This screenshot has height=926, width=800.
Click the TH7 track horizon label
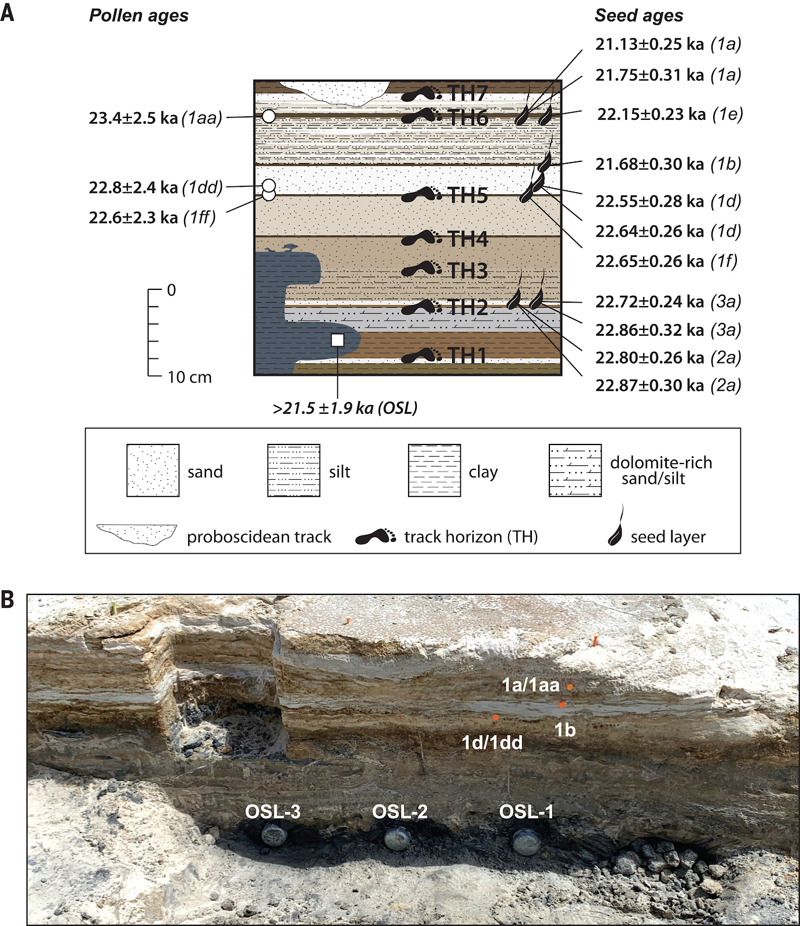468,93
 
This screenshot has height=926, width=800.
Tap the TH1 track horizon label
468,355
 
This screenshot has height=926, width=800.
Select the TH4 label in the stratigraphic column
468,238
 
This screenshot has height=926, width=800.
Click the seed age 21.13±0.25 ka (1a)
668,44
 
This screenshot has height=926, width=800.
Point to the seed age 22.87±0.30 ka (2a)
668,385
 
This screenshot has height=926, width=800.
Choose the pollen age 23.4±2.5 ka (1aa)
155,118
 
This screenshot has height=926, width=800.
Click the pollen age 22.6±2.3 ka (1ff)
152,218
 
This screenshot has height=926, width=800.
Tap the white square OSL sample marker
337,340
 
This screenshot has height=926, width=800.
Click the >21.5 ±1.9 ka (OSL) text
345,408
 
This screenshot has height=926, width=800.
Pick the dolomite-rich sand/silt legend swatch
575,471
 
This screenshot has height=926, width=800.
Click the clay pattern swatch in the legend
434,471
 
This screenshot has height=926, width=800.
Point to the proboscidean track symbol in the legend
137,534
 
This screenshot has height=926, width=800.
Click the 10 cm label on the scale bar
189,377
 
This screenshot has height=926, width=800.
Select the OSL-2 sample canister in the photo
398,838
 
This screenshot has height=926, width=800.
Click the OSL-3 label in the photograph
273,811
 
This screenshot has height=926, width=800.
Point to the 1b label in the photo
565,730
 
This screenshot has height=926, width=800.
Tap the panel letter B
8,600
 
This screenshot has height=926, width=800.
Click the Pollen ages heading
139,16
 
